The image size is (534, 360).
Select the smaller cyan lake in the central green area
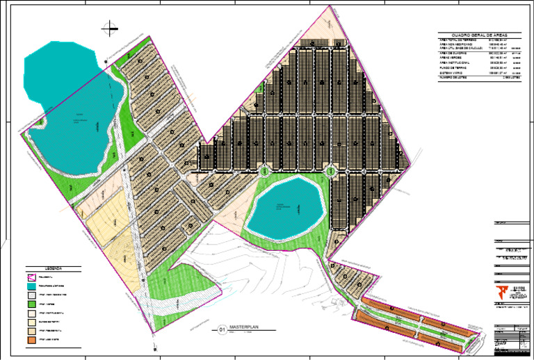pyautogui.click(x=286, y=207)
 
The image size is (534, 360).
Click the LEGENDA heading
pyautogui.click(x=54, y=268)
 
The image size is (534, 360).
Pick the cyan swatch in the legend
pyautogui.click(x=32, y=286)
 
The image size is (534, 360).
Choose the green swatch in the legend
pyautogui.click(x=32, y=305)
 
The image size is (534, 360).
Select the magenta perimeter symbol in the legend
pyautogui.click(x=32, y=277)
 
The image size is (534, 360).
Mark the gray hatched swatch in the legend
pyautogui.click(x=32, y=295)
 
